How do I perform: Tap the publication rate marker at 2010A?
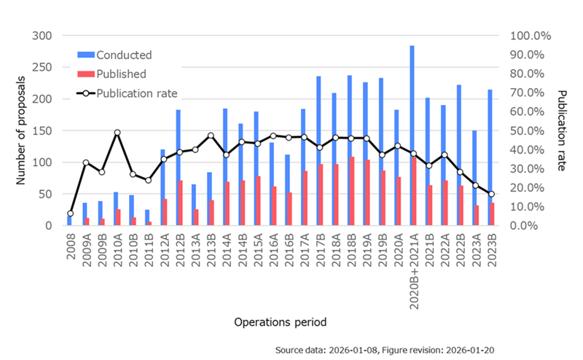[x=117, y=133]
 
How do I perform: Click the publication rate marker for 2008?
[x=70, y=214]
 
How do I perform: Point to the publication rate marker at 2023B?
[x=491, y=194]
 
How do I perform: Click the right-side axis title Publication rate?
[x=562, y=130]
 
